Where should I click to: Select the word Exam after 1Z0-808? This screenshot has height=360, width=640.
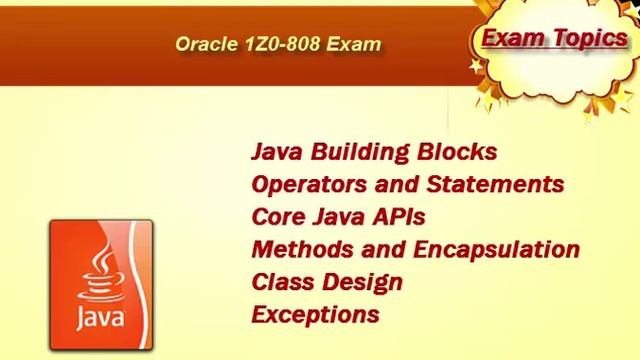pos(358,45)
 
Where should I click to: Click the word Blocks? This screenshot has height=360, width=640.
pos(459,153)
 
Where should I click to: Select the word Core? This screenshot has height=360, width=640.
pos(277,217)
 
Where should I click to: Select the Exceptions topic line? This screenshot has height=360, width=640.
pos(315,314)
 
